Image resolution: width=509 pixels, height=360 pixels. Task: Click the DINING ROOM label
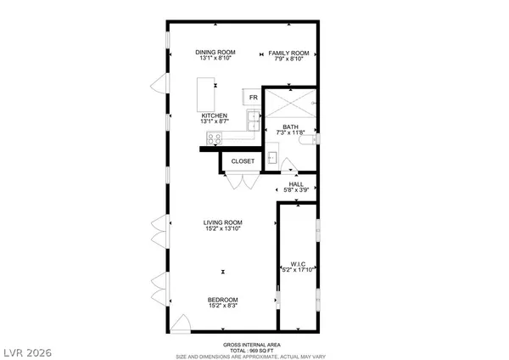click(215, 53)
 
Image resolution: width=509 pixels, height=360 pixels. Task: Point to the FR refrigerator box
click(253, 98)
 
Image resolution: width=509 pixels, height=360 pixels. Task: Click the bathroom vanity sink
click(271, 156)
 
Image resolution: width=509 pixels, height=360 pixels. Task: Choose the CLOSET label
click(243, 160)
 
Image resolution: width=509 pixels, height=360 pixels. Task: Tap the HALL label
click(296, 183)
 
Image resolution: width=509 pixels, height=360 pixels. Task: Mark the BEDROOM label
click(222, 299)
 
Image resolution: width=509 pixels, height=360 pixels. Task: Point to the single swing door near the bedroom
click(180, 323)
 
